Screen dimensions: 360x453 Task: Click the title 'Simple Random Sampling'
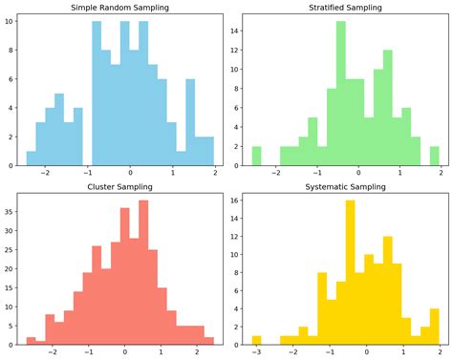click(x=119, y=8)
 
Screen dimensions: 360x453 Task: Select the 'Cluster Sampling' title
click(x=119, y=188)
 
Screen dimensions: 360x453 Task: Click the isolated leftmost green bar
click(x=256, y=156)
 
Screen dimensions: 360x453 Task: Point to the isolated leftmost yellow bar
click(x=256, y=339)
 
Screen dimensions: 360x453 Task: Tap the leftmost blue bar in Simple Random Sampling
click(x=32, y=158)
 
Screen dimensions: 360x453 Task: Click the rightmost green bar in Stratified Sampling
click(x=434, y=156)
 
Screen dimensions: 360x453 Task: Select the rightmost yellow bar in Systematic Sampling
click(x=434, y=326)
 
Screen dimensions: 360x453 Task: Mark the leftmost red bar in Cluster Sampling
click(x=32, y=340)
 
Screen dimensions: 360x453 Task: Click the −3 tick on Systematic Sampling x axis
click(x=255, y=351)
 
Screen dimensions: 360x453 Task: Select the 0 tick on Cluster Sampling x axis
click(x=124, y=351)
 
